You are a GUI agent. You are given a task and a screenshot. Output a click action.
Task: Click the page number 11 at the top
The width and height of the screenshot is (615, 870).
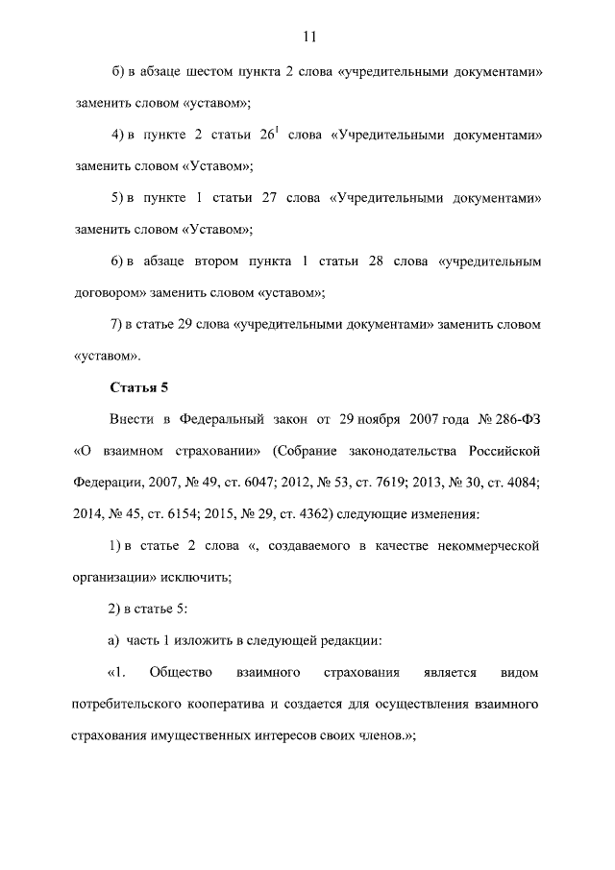click(308, 37)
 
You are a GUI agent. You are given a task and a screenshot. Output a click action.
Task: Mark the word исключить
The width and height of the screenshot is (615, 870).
click(197, 577)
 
